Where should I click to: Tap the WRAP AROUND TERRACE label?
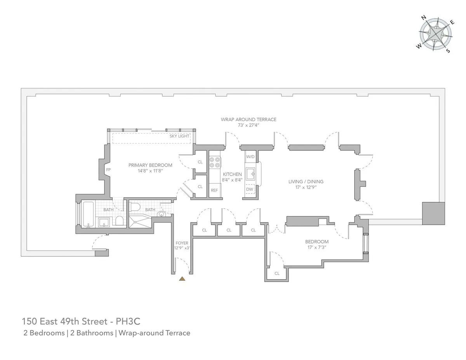click(249, 119)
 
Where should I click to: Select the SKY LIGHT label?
click(179, 136)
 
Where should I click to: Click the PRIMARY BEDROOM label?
click(150, 165)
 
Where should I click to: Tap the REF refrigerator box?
click(214, 190)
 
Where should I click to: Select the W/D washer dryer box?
click(250, 157)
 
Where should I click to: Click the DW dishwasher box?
click(250, 190)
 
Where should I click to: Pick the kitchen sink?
click(250, 173)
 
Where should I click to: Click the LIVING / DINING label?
click(306, 181)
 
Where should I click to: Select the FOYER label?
click(182, 243)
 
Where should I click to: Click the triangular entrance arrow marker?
click(182, 278)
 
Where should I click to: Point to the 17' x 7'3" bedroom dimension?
click(316, 247)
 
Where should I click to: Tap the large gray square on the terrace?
click(433, 213)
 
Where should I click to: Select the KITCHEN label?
click(232, 174)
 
